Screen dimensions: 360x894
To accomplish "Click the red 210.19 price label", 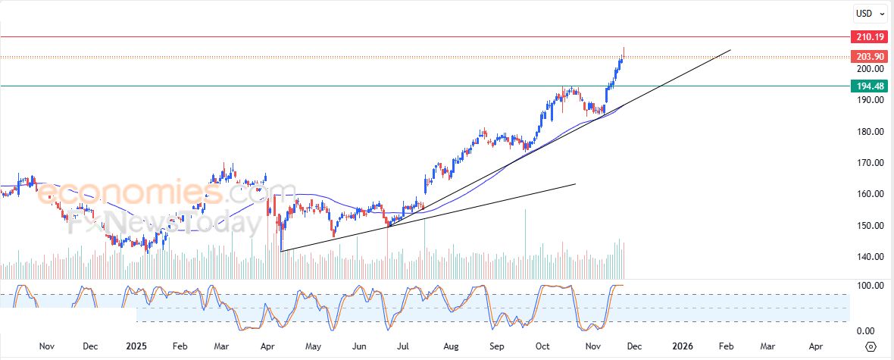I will coord(869,36).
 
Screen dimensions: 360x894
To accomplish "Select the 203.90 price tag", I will coord(869,57).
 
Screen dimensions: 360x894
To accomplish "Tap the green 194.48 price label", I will coord(869,86).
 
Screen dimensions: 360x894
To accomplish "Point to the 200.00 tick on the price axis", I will coord(869,69).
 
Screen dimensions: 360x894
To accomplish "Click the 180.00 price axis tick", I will coord(869,132).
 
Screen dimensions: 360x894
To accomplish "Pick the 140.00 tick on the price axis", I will coord(869,257).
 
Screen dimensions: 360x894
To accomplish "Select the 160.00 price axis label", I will coord(869,194).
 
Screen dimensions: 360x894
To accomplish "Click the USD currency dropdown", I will coord(868,13).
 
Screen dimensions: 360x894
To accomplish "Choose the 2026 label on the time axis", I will coord(683,346).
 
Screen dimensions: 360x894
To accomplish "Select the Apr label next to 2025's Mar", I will coord(267,346).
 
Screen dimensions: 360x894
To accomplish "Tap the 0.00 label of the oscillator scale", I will coord(871,331).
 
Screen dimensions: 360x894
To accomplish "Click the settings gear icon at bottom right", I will coord(870,346).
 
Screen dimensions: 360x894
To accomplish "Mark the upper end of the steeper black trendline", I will coord(730,50).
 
